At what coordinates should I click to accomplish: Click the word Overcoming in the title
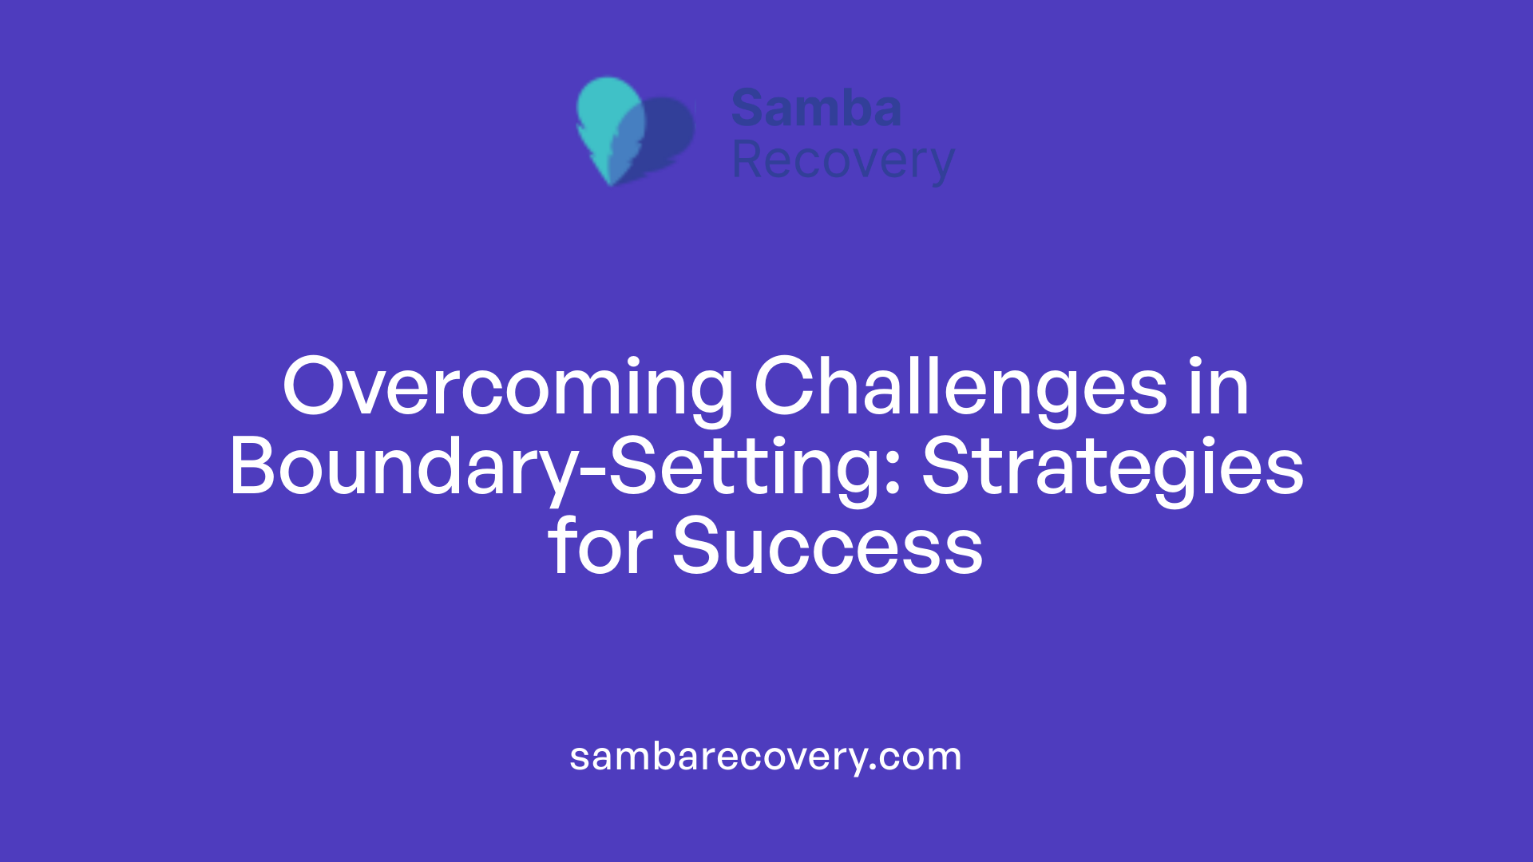coord(508,389)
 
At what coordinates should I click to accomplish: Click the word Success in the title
coord(827,547)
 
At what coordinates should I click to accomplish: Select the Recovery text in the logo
coord(842,160)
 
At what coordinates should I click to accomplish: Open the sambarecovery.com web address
coord(765,757)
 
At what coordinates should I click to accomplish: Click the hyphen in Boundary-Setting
coord(592,474)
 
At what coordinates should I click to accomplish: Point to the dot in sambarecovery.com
coord(873,767)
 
